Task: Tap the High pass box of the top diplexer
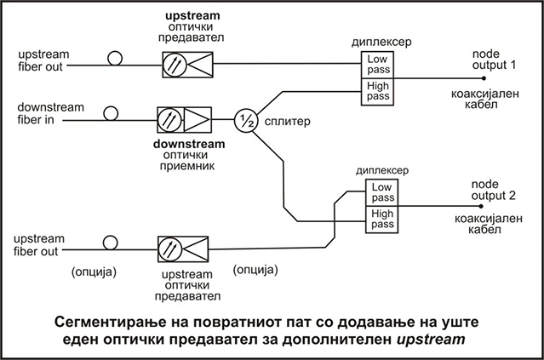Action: tap(376, 90)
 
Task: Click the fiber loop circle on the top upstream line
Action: tap(114, 60)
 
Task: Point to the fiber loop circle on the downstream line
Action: tap(111, 112)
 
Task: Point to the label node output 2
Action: tap(495, 189)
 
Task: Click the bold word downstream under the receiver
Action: tap(183, 143)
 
